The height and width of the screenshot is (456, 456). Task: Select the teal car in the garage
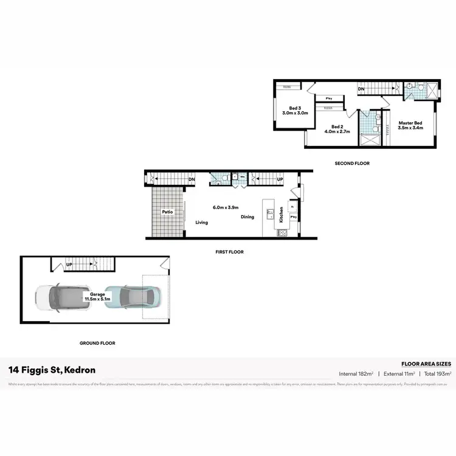point(130,298)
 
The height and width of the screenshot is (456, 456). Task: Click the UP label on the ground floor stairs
point(69,264)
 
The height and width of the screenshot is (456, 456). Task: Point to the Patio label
point(167,212)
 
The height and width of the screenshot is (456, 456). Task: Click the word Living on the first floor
point(202,223)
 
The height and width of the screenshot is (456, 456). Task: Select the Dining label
point(247,217)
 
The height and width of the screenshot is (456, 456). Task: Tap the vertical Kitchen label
point(281,214)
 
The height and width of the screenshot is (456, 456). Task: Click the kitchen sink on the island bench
point(268,213)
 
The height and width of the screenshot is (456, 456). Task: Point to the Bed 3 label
point(295,110)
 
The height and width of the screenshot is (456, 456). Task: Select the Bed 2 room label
point(338,128)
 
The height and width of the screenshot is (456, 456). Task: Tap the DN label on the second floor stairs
point(361,89)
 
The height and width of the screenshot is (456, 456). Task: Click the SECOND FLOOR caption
point(352,164)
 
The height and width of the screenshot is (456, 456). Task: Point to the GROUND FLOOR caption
point(97,344)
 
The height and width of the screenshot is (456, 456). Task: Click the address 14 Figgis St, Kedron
point(52,370)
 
